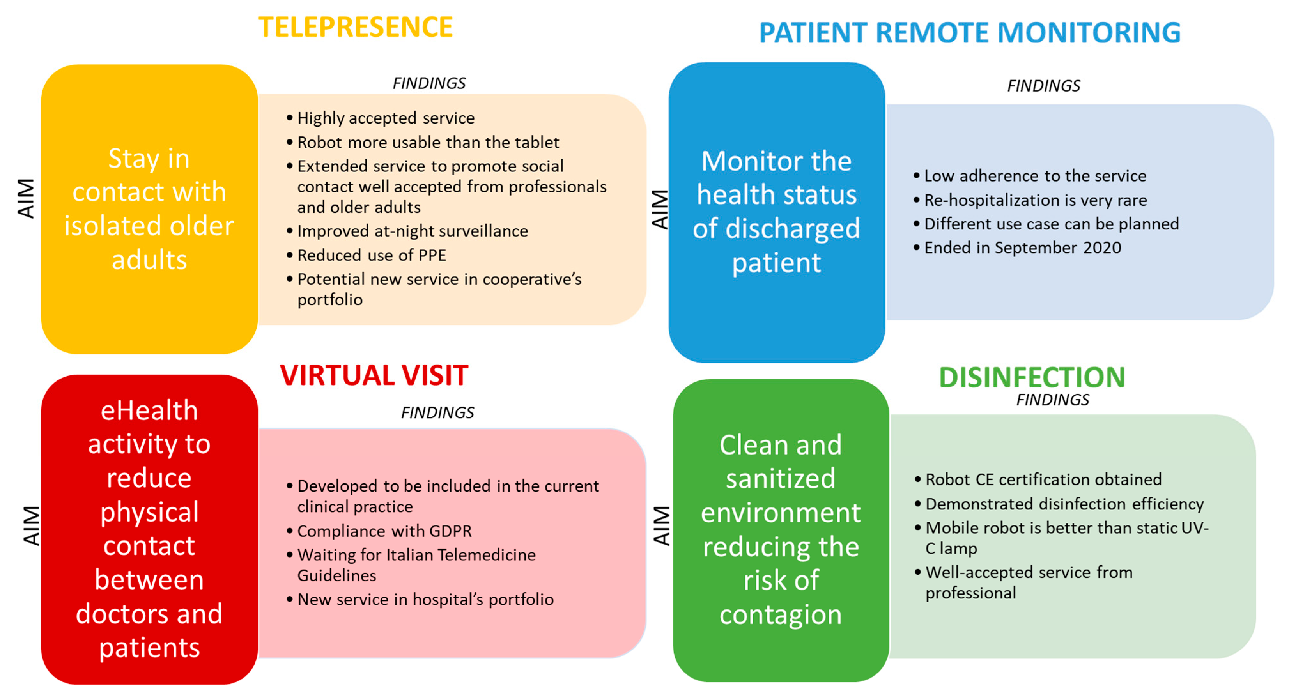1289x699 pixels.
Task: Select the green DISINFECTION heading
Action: [x=1031, y=378]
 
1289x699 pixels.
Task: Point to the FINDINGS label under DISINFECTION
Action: [x=1052, y=400]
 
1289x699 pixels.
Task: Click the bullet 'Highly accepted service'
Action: [x=385, y=118]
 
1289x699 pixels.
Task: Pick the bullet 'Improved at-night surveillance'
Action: [x=412, y=231]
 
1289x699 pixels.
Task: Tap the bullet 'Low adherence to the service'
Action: [x=1034, y=176]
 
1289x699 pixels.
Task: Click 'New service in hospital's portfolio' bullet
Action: [x=425, y=599]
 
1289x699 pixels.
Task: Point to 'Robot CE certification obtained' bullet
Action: [x=1043, y=479]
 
